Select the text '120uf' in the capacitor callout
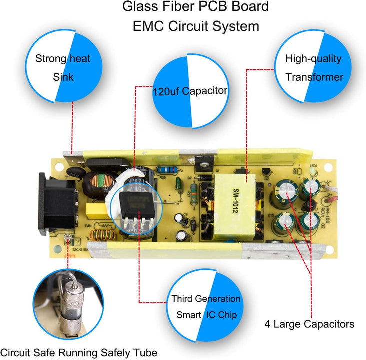[x=166, y=91]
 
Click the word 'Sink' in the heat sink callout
[x=63, y=77]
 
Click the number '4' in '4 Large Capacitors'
[x=267, y=324]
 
